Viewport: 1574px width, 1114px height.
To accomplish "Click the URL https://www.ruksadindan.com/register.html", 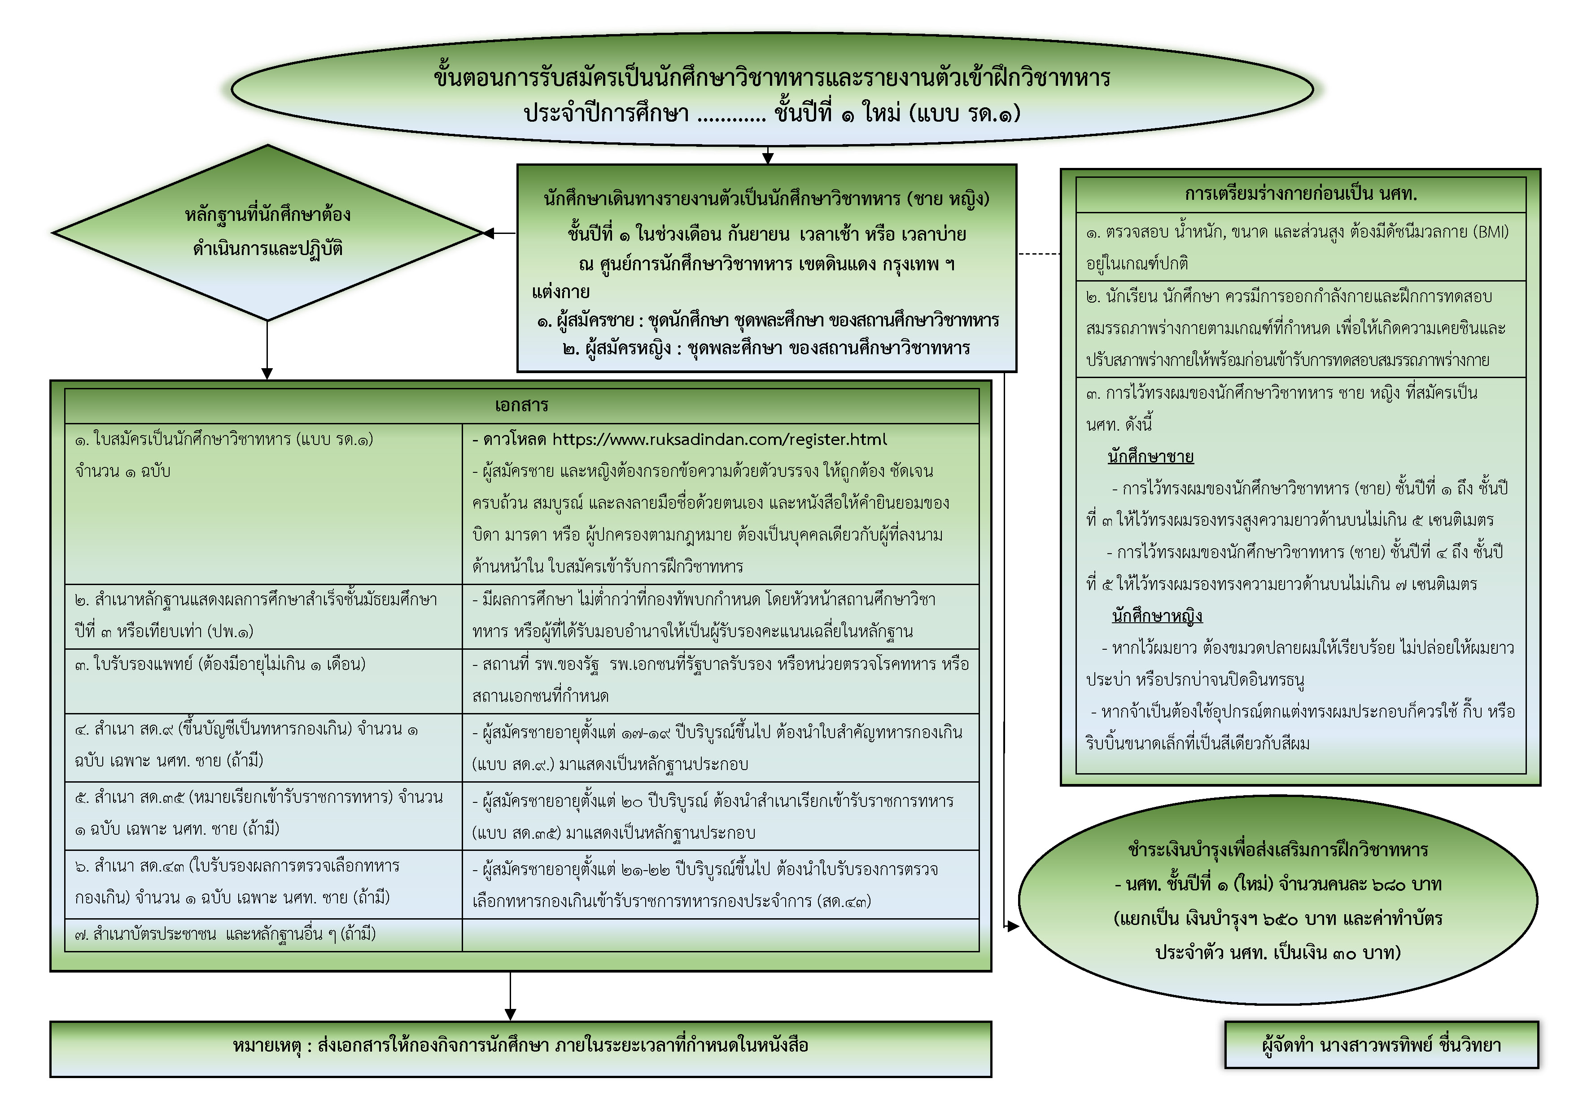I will coord(719,440).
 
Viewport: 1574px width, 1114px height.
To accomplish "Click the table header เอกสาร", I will coord(522,405).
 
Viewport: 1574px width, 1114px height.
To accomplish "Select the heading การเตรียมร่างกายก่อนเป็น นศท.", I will coord(1300,194).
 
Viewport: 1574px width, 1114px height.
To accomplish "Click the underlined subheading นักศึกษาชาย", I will coord(1150,457).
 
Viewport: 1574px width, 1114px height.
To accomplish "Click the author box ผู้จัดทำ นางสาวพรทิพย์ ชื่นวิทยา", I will coord(1382,1045).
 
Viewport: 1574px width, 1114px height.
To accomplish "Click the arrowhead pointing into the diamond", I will coord(489,233).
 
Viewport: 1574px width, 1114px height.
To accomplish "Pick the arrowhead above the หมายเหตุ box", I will coord(510,1014).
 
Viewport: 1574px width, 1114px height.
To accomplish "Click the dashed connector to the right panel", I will coord(1039,254).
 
